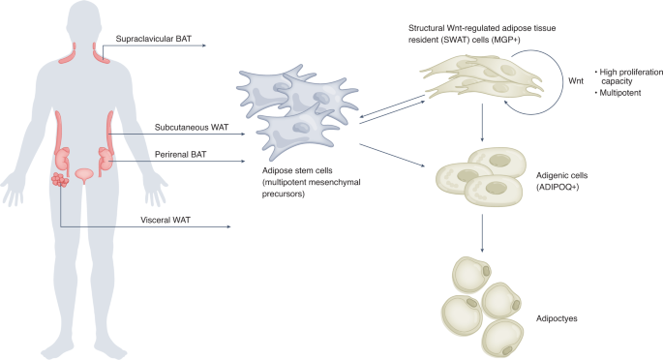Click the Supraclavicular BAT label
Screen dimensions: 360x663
(x=150, y=39)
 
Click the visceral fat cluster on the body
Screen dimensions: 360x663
(x=61, y=181)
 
